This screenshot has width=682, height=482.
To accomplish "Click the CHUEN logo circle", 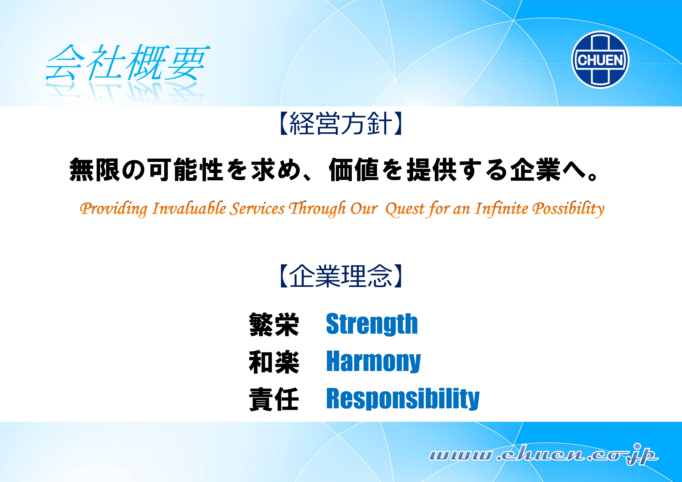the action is (600, 60).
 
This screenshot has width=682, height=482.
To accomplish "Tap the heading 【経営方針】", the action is (341, 123).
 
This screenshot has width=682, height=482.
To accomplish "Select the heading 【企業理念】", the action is (341, 276).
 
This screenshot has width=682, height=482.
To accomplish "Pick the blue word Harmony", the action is (373, 361).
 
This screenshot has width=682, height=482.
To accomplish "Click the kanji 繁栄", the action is (274, 325).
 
